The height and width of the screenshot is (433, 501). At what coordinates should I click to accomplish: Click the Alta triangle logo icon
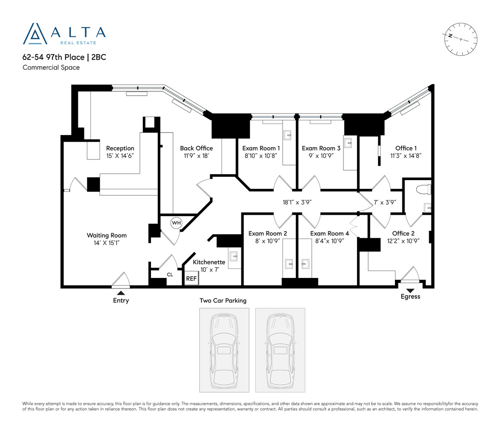pos(35,34)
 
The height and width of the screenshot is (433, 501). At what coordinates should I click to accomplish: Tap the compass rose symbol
pos(460,39)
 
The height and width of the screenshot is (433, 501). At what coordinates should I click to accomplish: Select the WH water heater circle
pos(176,223)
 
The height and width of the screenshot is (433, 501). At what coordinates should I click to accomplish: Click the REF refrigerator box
pos(191,278)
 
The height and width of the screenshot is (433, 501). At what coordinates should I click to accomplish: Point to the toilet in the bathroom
pos(424,190)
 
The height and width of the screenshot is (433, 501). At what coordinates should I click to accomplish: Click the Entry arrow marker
pos(121,293)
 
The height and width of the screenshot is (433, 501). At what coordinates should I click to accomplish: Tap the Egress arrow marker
pos(410,291)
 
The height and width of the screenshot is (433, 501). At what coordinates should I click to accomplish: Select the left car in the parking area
pos(224,350)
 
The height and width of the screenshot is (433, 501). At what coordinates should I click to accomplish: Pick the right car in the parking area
pos(280,350)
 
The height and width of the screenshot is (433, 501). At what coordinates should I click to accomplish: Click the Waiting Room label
pos(107,236)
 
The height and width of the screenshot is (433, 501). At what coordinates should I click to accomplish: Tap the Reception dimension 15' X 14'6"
pos(120,156)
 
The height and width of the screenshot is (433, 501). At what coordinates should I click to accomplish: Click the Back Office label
pos(196,148)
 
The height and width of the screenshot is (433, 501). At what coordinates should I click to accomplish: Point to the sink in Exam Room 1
pos(288,135)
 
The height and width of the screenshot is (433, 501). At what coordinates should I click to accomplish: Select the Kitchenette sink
pos(234,256)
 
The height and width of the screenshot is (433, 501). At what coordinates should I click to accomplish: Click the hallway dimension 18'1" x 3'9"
pos(297,202)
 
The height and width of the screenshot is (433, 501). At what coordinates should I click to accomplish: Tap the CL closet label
pos(170,275)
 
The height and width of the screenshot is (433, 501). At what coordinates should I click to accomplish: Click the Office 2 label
pos(403,233)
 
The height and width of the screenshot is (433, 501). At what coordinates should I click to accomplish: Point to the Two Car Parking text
pos(223,301)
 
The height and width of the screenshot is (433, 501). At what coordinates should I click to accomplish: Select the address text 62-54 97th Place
pos(53,57)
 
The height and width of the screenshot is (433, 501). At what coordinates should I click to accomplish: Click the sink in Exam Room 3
pos(348,142)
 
